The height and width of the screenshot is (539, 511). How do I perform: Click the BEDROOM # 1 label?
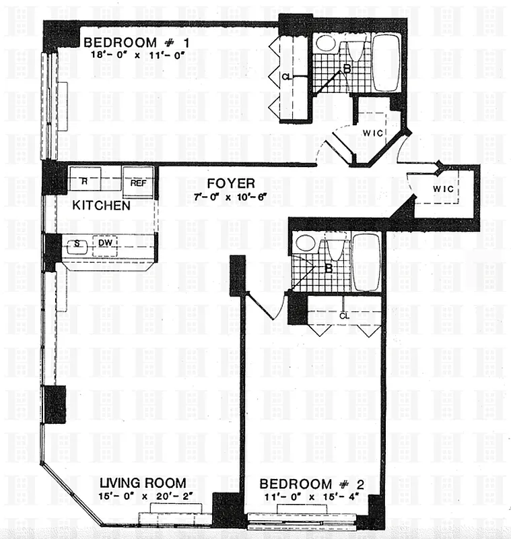(137, 43)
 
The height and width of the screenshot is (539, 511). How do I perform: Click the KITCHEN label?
(102, 205)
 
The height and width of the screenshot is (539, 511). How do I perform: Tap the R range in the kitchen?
(84, 181)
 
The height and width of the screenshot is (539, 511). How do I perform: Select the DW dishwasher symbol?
(105, 243)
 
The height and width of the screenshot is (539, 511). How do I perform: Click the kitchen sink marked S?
(77, 245)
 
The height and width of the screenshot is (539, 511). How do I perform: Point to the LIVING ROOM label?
(143, 483)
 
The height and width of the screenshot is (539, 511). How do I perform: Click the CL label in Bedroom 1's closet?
(286, 77)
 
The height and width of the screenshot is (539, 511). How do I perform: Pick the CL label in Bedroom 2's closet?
(344, 315)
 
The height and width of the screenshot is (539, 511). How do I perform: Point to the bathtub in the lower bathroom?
(366, 261)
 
